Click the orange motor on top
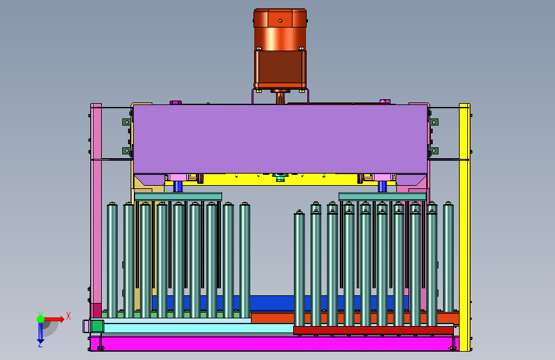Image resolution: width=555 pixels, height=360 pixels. pyautogui.click(x=280, y=49)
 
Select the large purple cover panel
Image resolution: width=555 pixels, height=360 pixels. pyautogui.click(x=280, y=139)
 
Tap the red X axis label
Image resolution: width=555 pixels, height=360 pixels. pyautogui.click(x=68, y=316)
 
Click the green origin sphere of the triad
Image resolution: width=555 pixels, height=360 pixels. pyautogui.click(x=40, y=319)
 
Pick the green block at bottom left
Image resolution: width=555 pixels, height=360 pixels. pyautogui.click(x=97, y=326)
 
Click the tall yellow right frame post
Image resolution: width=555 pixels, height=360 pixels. pyautogui.click(x=464, y=227)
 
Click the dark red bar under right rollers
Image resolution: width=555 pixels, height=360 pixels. pyautogui.click(x=373, y=331)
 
